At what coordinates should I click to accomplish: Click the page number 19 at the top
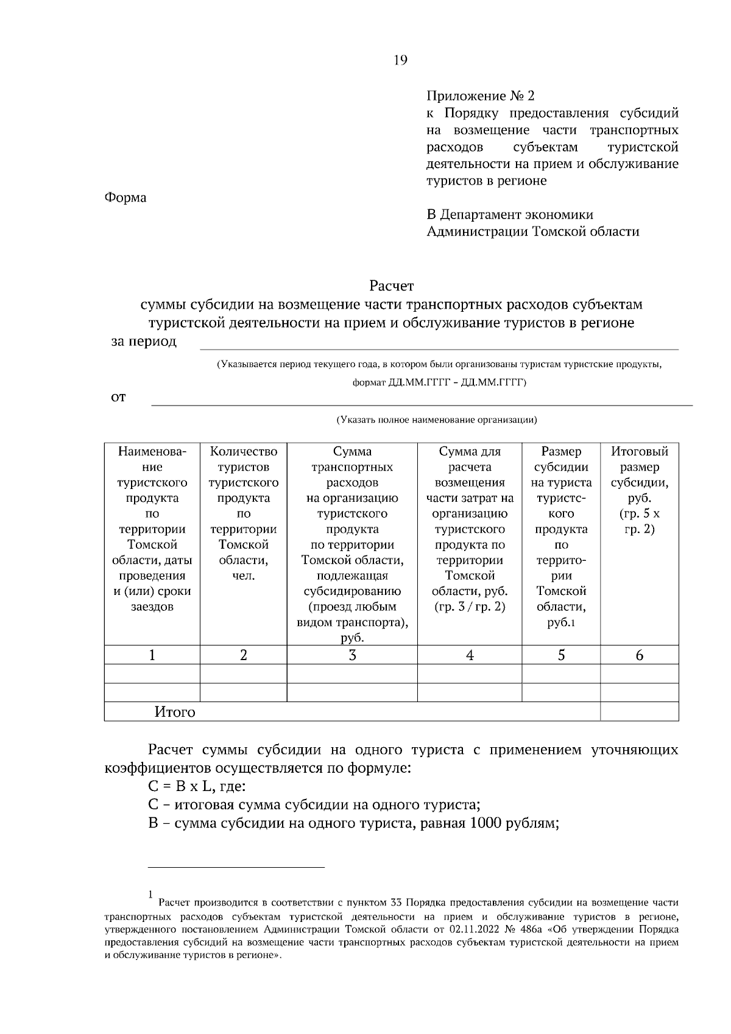(x=400, y=60)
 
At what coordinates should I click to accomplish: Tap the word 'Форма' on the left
(x=125, y=198)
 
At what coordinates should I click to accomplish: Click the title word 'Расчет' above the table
(x=391, y=286)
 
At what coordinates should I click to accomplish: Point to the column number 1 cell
(x=152, y=655)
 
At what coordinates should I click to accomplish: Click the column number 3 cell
(x=352, y=655)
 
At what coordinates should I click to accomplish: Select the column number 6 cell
(x=640, y=655)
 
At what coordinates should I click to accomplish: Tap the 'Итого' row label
(x=175, y=712)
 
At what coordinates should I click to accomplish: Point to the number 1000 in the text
(x=486, y=824)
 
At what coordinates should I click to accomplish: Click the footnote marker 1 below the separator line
(x=150, y=894)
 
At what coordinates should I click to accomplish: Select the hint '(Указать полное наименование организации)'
(x=437, y=420)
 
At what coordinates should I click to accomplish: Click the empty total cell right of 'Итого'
(x=640, y=711)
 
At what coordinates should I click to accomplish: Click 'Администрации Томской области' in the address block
(x=533, y=231)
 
